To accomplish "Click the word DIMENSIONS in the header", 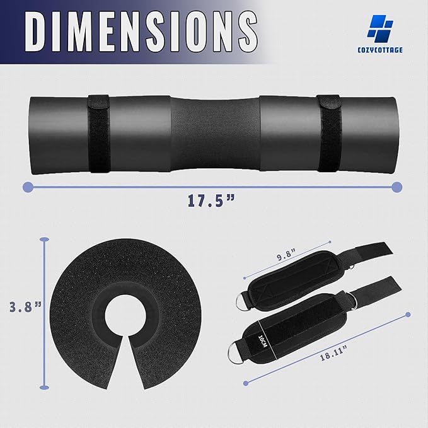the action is tap(141, 32).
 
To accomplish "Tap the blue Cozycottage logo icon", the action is tap(380, 28).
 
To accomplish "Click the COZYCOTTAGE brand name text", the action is tap(380, 50).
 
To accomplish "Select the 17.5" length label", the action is tap(211, 200).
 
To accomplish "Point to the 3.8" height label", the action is tap(25, 306).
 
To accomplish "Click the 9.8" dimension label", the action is tap(286, 257).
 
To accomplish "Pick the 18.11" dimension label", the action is tap(333, 353).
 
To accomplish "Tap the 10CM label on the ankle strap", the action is tap(263, 341).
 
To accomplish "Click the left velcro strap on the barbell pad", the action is tap(99, 134).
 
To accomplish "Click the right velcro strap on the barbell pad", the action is tap(329, 133).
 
